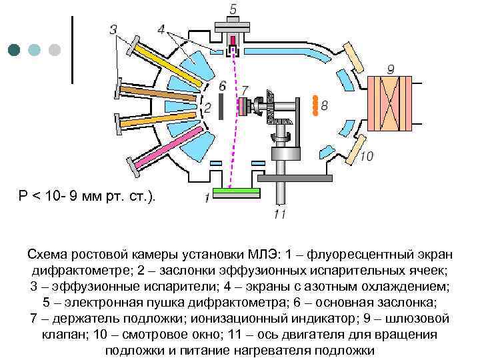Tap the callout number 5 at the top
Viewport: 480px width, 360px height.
pyautogui.click(x=233, y=9)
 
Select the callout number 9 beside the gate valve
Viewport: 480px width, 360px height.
pyautogui.click(x=391, y=69)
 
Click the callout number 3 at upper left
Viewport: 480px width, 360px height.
pyautogui.click(x=113, y=29)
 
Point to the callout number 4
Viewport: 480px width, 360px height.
pyautogui.click(x=162, y=29)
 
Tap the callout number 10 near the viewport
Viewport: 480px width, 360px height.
pyautogui.click(x=366, y=157)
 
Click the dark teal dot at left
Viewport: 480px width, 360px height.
pyautogui.click(x=15, y=49)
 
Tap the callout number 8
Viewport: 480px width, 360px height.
pyautogui.click(x=325, y=106)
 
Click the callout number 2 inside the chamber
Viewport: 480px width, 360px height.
pyautogui.click(x=207, y=107)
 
